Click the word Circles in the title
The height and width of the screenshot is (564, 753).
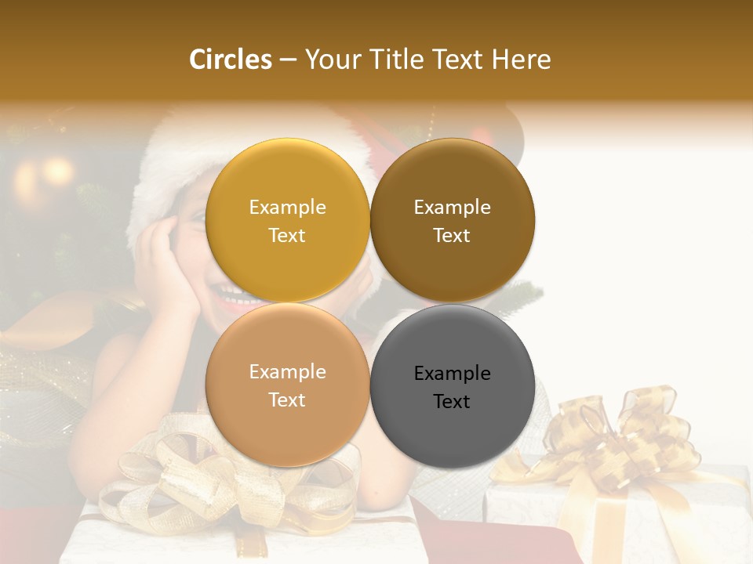[230, 60]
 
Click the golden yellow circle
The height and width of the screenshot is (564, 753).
[287, 220]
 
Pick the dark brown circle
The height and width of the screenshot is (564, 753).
[452, 220]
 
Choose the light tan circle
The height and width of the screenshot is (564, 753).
[287, 385]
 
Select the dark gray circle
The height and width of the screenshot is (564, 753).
[452, 386]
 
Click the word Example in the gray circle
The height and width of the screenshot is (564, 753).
[452, 374]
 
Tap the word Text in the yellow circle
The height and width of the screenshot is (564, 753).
[287, 235]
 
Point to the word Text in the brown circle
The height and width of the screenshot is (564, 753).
[452, 235]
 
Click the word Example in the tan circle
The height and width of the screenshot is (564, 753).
[287, 371]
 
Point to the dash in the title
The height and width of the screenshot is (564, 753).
[288, 60]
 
